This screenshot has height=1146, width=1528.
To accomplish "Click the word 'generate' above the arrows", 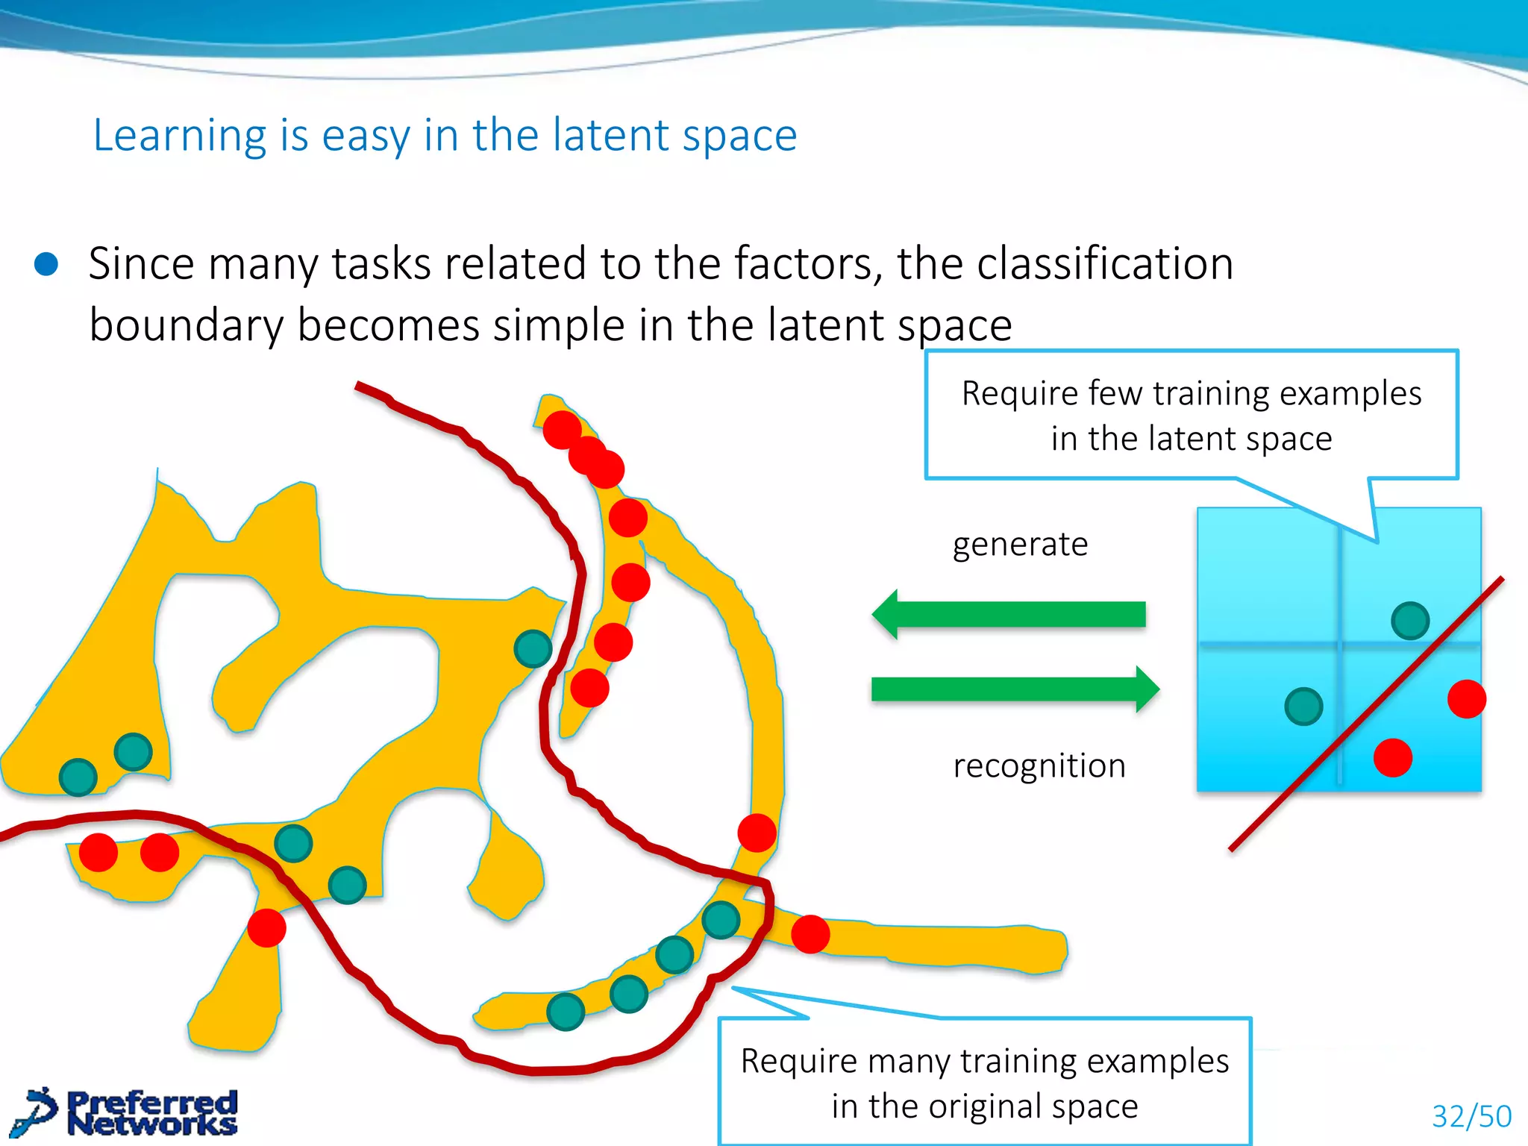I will click(1020, 545).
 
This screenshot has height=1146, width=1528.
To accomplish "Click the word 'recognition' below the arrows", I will click(1039, 766).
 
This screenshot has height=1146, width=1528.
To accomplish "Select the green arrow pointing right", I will click(1015, 689).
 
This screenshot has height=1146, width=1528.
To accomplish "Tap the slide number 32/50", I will click(1471, 1116).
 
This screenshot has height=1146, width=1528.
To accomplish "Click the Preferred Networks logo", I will click(131, 1112).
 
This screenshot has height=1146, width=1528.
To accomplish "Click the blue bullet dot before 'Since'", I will click(46, 264).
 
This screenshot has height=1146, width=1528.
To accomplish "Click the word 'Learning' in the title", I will click(179, 136).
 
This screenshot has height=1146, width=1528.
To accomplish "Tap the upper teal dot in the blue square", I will click(1410, 621).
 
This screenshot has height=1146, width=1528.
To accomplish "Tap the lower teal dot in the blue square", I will click(1303, 707).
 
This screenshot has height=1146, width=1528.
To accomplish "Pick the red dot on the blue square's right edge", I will click(1467, 699).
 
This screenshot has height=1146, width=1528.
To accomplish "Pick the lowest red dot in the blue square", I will click(1393, 758).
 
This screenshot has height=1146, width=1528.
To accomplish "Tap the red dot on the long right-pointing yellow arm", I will click(810, 934).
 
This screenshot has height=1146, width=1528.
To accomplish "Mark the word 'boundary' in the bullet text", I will click(187, 325).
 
